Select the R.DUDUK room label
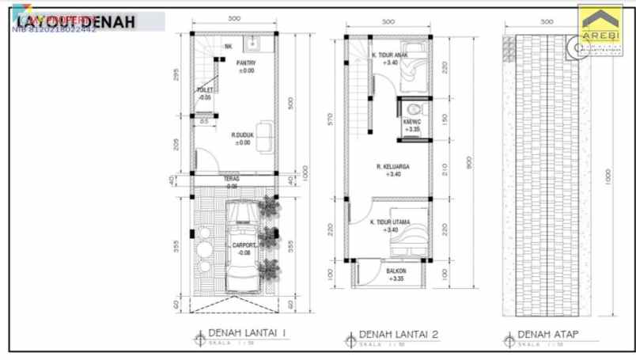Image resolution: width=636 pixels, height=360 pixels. pyautogui.click(x=241, y=135)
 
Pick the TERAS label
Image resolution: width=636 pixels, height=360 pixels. pyautogui.click(x=231, y=180)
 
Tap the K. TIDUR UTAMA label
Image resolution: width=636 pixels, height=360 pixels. pyautogui.click(x=389, y=223)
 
